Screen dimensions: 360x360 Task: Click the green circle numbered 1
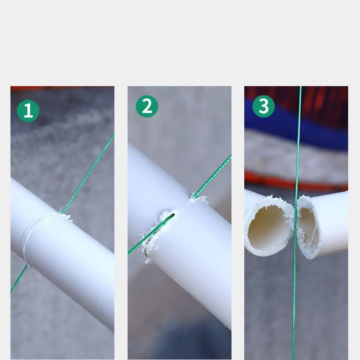pos(28,111)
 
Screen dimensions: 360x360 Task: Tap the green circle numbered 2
pos(147,106)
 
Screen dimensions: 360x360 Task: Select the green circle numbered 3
pos(263,106)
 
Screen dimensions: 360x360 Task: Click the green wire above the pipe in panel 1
pos(88,174)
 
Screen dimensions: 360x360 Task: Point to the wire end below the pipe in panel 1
pos(19,279)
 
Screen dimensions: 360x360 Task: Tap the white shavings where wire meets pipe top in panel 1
pos(66,216)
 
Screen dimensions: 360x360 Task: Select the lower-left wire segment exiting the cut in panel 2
pos(150,234)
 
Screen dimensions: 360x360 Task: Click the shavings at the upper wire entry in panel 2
pos(199,199)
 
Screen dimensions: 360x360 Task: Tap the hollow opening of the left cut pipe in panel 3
pos(268,226)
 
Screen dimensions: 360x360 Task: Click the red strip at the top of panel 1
pos(62,88)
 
